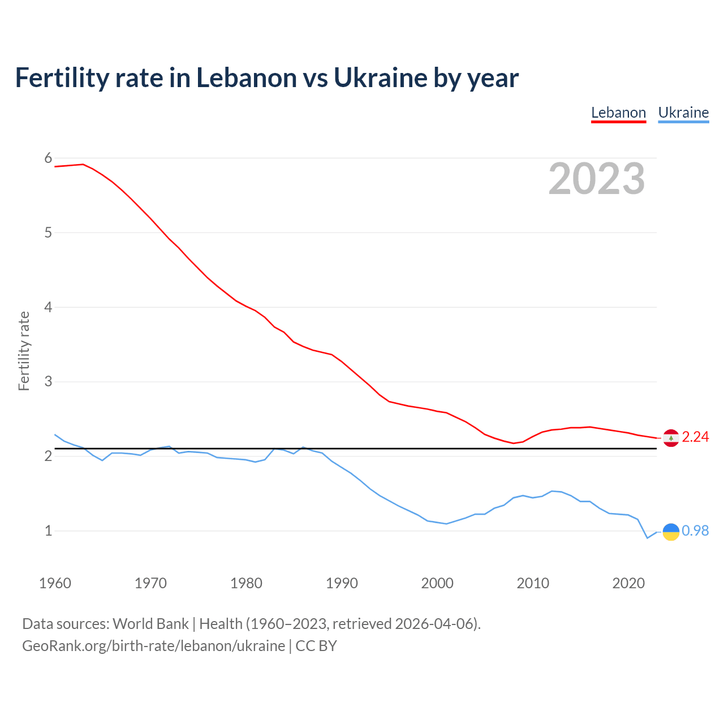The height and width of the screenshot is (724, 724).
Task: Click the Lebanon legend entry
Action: click(x=618, y=113)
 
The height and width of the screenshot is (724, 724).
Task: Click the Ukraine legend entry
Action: click(x=683, y=113)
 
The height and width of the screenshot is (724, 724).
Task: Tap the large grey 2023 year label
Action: click(x=596, y=179)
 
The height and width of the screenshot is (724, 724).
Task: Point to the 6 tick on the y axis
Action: click(x=48, y=158)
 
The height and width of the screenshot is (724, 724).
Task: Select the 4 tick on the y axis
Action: click(x=48, y=307)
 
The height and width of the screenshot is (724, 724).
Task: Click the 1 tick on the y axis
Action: click(x=48, y=531)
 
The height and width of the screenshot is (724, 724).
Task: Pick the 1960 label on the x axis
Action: click(x=55, y=583)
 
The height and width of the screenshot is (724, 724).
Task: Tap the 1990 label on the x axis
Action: click(x=342, y=583)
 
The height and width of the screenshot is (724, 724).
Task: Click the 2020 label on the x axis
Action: click(x=628, y=583)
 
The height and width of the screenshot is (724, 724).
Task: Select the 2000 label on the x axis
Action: click(x=437, y=583)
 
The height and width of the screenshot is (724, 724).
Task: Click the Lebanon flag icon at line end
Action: click(x=671, y=438)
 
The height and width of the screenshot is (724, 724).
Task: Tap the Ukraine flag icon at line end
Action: click(x=671, y=532)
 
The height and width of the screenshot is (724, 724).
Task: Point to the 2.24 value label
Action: click(x=695, y=437)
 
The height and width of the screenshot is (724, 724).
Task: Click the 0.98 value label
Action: click(x=695, y=531)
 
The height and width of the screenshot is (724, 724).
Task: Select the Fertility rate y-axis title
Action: click(x=24, y=351)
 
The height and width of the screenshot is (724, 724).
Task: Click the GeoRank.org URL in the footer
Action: click(x=153, y=646)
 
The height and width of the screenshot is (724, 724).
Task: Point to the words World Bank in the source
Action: click(x=150, y=624)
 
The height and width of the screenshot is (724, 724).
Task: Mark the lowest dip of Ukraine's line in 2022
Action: click(x=648, y=538)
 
